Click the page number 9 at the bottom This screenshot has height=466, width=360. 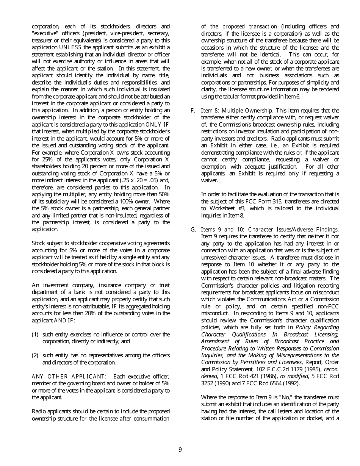(x=180, y=450)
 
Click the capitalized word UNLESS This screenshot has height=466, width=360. (x=70, y=47)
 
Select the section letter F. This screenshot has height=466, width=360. (x=193, y=111)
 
